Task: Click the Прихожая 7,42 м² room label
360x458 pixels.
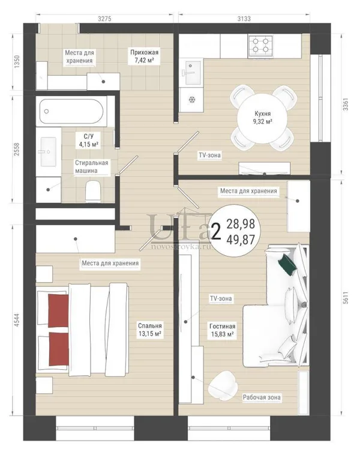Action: pos(144,56)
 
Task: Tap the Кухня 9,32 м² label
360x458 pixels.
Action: pos(262,118)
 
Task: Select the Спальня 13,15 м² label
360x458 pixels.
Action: pos(150,330)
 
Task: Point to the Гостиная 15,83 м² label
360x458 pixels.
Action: pos(222,330)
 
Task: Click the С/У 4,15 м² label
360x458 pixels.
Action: pos(88,140)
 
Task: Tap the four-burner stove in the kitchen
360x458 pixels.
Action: pos(260,46)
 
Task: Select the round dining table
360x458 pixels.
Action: pos(262,118)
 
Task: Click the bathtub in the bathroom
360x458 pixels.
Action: pos(72,111)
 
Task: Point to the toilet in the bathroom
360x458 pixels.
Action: pos(94,190)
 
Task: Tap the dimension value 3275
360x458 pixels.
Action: pos(104,19)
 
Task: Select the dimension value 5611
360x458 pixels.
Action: pos(346,298)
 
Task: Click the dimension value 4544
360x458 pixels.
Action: pos(16,320)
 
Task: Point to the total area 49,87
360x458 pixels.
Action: pos(241,240)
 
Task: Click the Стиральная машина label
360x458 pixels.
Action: pos(91,167)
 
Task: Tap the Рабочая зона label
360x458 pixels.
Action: pos(262,397)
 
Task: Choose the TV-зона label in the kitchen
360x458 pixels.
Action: pos(209,155)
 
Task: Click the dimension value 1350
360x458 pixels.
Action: pos(16,62)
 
